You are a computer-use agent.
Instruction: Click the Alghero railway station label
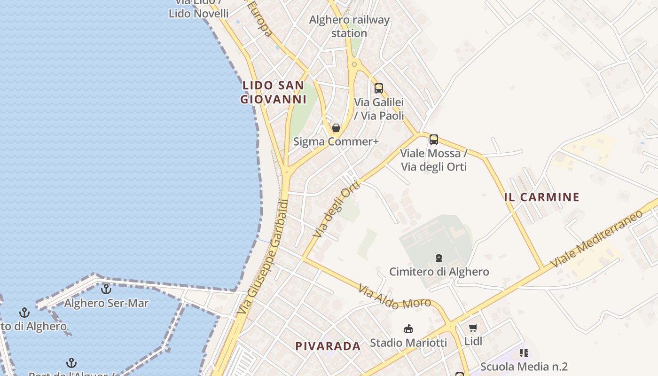point(349,26)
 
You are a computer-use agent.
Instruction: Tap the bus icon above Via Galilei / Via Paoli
point(379,88)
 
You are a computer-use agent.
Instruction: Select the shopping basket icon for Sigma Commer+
point(336,128)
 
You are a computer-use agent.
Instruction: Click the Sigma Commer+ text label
point(336,141)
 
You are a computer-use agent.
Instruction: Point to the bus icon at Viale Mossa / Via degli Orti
point(433,140)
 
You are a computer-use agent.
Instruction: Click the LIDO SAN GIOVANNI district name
point(273,92)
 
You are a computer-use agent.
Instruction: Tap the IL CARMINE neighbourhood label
point(541,197)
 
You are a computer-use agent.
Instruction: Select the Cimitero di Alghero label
point(439,272)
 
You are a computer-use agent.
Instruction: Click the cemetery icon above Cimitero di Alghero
point(439,258)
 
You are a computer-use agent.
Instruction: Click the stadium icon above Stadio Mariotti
point(408,329)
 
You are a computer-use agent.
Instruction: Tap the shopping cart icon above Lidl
point(473,328)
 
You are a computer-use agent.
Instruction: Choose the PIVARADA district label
point(328,346)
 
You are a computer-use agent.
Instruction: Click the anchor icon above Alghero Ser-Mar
point(106,289)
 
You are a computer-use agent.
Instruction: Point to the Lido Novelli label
point(198,13)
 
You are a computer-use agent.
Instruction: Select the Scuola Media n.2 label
point(524,367)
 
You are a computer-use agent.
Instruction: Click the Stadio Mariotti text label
point(408,343)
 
